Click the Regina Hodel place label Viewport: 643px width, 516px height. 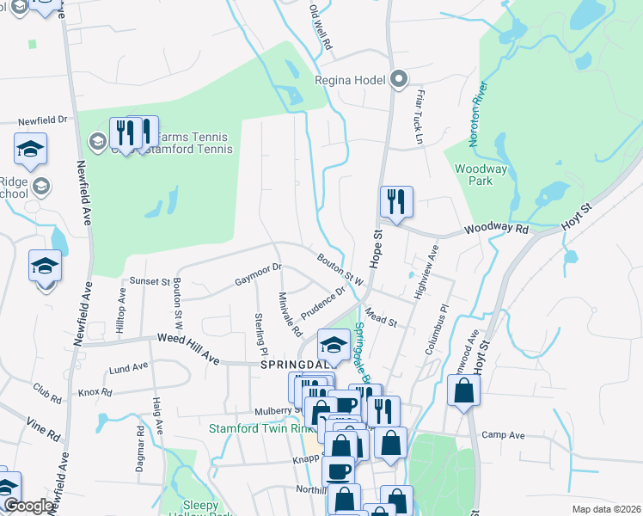pyautogui.click(x=351, y=81)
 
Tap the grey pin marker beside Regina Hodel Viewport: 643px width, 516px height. pyautogui.click(x=398, y=80)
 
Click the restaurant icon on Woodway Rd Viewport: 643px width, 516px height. pyautogui.click(x=396, y=202)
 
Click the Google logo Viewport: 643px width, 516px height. pyautogui.click(x=29, y=506)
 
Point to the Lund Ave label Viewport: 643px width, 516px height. pyautogui.click(x=129, y=368)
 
